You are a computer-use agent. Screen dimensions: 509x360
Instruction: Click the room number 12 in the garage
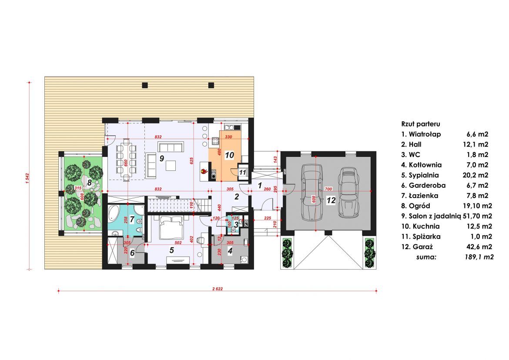click(x=331, y=200)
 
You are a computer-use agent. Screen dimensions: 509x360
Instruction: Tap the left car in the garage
click(x=311, y=191)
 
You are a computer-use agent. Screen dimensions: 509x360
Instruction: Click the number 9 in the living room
click(x=162, y=158)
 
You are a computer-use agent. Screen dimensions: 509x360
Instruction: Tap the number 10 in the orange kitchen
click(x=230, y=155)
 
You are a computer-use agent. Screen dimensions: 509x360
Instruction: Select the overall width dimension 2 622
click(x=218, y=289)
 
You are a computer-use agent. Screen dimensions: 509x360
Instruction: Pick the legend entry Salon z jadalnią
click(x=434, y=217)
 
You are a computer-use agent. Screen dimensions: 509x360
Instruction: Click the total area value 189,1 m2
click(x=479, y=257)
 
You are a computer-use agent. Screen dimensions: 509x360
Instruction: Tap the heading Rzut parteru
click(x=421, y=124)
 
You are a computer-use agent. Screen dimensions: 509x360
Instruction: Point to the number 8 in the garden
click(x=89, y=182)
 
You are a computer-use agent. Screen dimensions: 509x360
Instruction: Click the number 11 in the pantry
click(x=242, y=173)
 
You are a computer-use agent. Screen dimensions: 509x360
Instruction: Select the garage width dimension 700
click(x=328, y=189)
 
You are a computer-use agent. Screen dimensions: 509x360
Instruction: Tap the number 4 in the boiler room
click(x=230, y=251)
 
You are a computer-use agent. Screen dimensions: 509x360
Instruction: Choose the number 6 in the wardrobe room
click(x=132, y=253)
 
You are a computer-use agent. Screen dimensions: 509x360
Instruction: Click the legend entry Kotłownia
click(x=425, y=165)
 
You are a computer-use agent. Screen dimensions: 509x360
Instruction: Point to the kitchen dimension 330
click(x=228, y=137)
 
